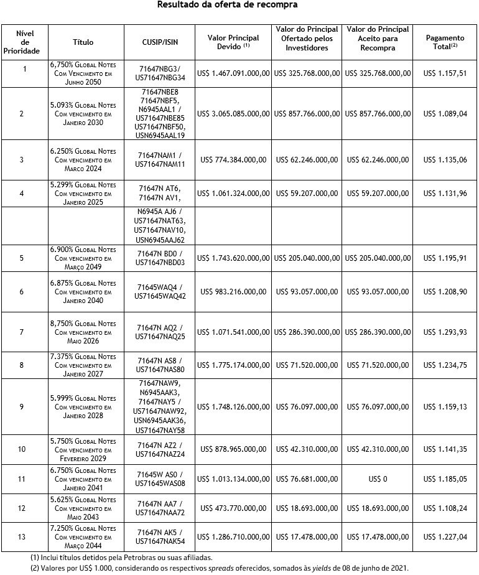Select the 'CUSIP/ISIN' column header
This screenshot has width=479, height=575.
click(x=160, y=42)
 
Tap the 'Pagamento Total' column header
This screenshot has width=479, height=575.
click(x=445, y=42)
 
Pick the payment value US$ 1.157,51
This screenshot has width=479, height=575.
click(x=445, y=73)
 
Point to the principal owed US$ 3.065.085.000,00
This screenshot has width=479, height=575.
click(x=233, y=114)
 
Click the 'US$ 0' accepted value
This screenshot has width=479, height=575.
click(x=378, y=480)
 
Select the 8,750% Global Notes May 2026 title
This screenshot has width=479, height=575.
click(x=83, y=332)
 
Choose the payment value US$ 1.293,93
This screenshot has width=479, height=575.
click(x=445, y=332)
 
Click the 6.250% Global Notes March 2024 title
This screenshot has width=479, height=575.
click(x=83, y=160)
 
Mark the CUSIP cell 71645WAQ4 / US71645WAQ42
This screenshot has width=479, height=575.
click(x=160, y=291)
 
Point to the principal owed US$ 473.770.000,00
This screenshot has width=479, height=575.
click(x=233, y=508)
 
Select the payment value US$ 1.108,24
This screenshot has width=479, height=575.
click(x=445, y=508)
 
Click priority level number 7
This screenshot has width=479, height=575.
click(x=22, y=332)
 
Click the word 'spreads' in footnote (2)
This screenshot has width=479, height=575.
click(x=241, y=568)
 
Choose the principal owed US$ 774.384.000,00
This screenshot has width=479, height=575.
click(x=233, y=160)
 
